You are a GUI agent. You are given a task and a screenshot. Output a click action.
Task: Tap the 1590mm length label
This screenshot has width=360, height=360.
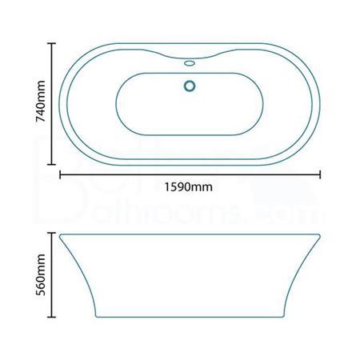[x=190, y=189]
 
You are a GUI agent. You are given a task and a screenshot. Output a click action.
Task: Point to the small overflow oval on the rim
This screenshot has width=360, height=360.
[x=190, y=61]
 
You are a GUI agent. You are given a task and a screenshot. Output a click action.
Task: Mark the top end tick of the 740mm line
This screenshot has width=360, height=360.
[x=54, y=43]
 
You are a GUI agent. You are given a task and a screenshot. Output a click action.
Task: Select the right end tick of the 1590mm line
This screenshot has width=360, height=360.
[x=321, y=172]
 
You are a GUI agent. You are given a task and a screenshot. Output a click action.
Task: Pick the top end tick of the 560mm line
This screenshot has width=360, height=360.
[x=54, y=233]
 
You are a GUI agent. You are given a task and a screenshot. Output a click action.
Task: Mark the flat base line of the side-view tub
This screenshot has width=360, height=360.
[x=190, y=318]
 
